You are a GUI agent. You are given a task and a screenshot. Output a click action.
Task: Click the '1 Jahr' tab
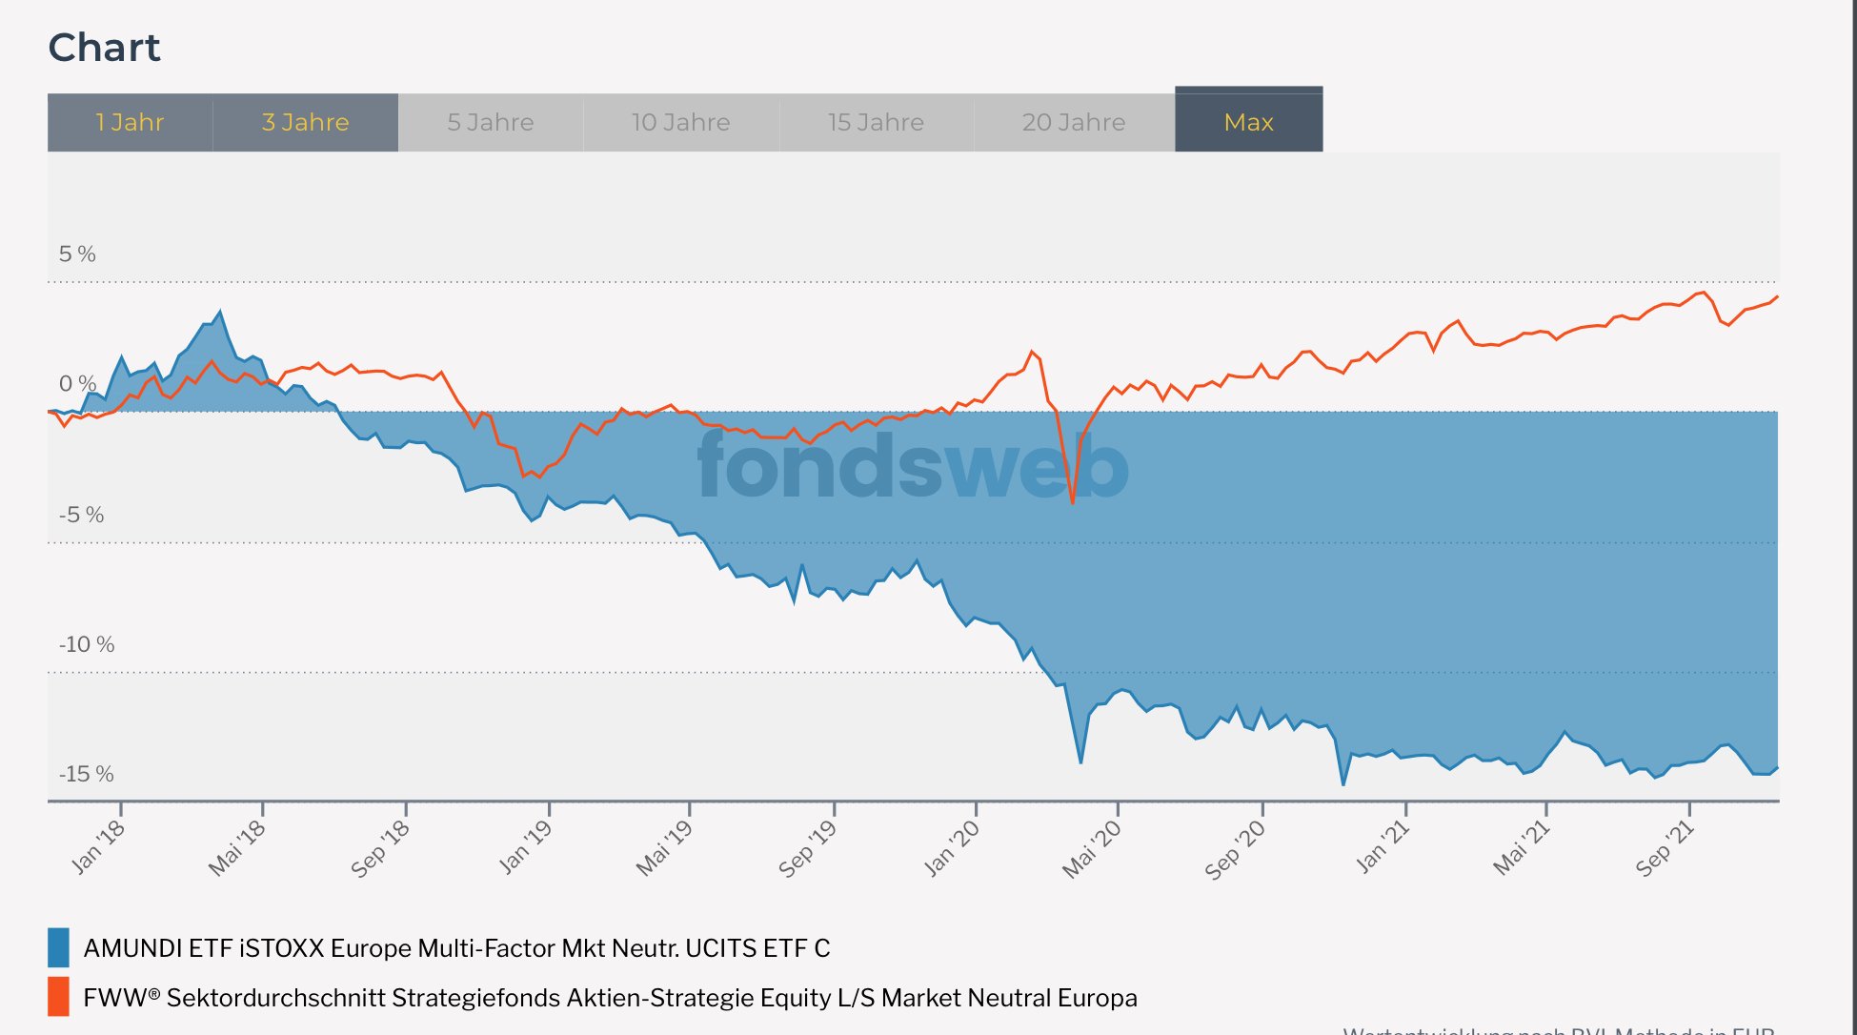pyautogui.click(x=130, y=123)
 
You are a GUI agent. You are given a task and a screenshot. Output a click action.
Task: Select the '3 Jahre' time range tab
pyautogui.click(x=305, y=123)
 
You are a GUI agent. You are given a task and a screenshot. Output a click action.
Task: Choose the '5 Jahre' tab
pyautogui.click(x=491, y=123)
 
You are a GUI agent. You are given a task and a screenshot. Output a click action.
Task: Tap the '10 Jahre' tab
pyautogui.click(x=680, y=123)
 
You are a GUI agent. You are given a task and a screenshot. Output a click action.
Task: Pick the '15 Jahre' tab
pyautogui.click(x=876, y=123)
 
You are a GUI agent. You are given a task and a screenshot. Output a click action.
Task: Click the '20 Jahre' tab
pyautogui.click(x=1074, y=123)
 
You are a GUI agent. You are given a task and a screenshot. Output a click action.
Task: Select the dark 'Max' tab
pyautogui.click(x=1248, y=122)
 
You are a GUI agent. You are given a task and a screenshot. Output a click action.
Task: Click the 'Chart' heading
pyautogui.click(x=105, y=48)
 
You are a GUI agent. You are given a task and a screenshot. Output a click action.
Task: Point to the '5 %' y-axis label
pyautogui.click(x=77, y=254)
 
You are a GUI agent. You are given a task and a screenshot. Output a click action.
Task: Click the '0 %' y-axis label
pyautogui.click(x=77, y=384)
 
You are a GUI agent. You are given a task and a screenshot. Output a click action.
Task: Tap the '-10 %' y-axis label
pyautogui.click(x=87, y=644)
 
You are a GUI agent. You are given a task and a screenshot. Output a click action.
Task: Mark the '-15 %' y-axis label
pyautogui.click(x=87, y=774)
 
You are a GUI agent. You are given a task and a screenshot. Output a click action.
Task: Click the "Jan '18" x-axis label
pyautogui.click(x=98, y=846)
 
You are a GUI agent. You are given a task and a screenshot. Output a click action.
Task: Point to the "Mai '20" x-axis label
pyautogui.click(x=1092, y=848)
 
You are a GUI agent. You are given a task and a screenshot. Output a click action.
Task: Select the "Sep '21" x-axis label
pyautogui.click(x=1665, y=848)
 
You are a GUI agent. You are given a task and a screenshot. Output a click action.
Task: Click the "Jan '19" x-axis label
pyautogui.click(x=525, y=846)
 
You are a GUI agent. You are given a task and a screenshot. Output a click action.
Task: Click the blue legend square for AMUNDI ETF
pyautogui.click(x=58, y=947)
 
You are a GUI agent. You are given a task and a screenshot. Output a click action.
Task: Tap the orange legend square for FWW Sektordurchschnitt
pyautogui.click(x=58, y=997)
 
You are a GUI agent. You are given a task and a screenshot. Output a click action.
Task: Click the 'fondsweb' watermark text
pyautogui.click(x=913, y=466)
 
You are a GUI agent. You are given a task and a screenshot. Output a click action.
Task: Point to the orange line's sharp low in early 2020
pyautogui.click(x=1072, y=502)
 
